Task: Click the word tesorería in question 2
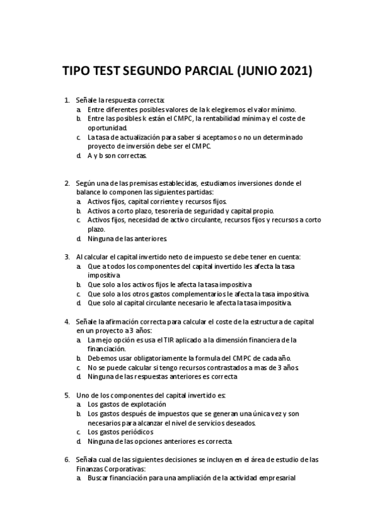(168, 211)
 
